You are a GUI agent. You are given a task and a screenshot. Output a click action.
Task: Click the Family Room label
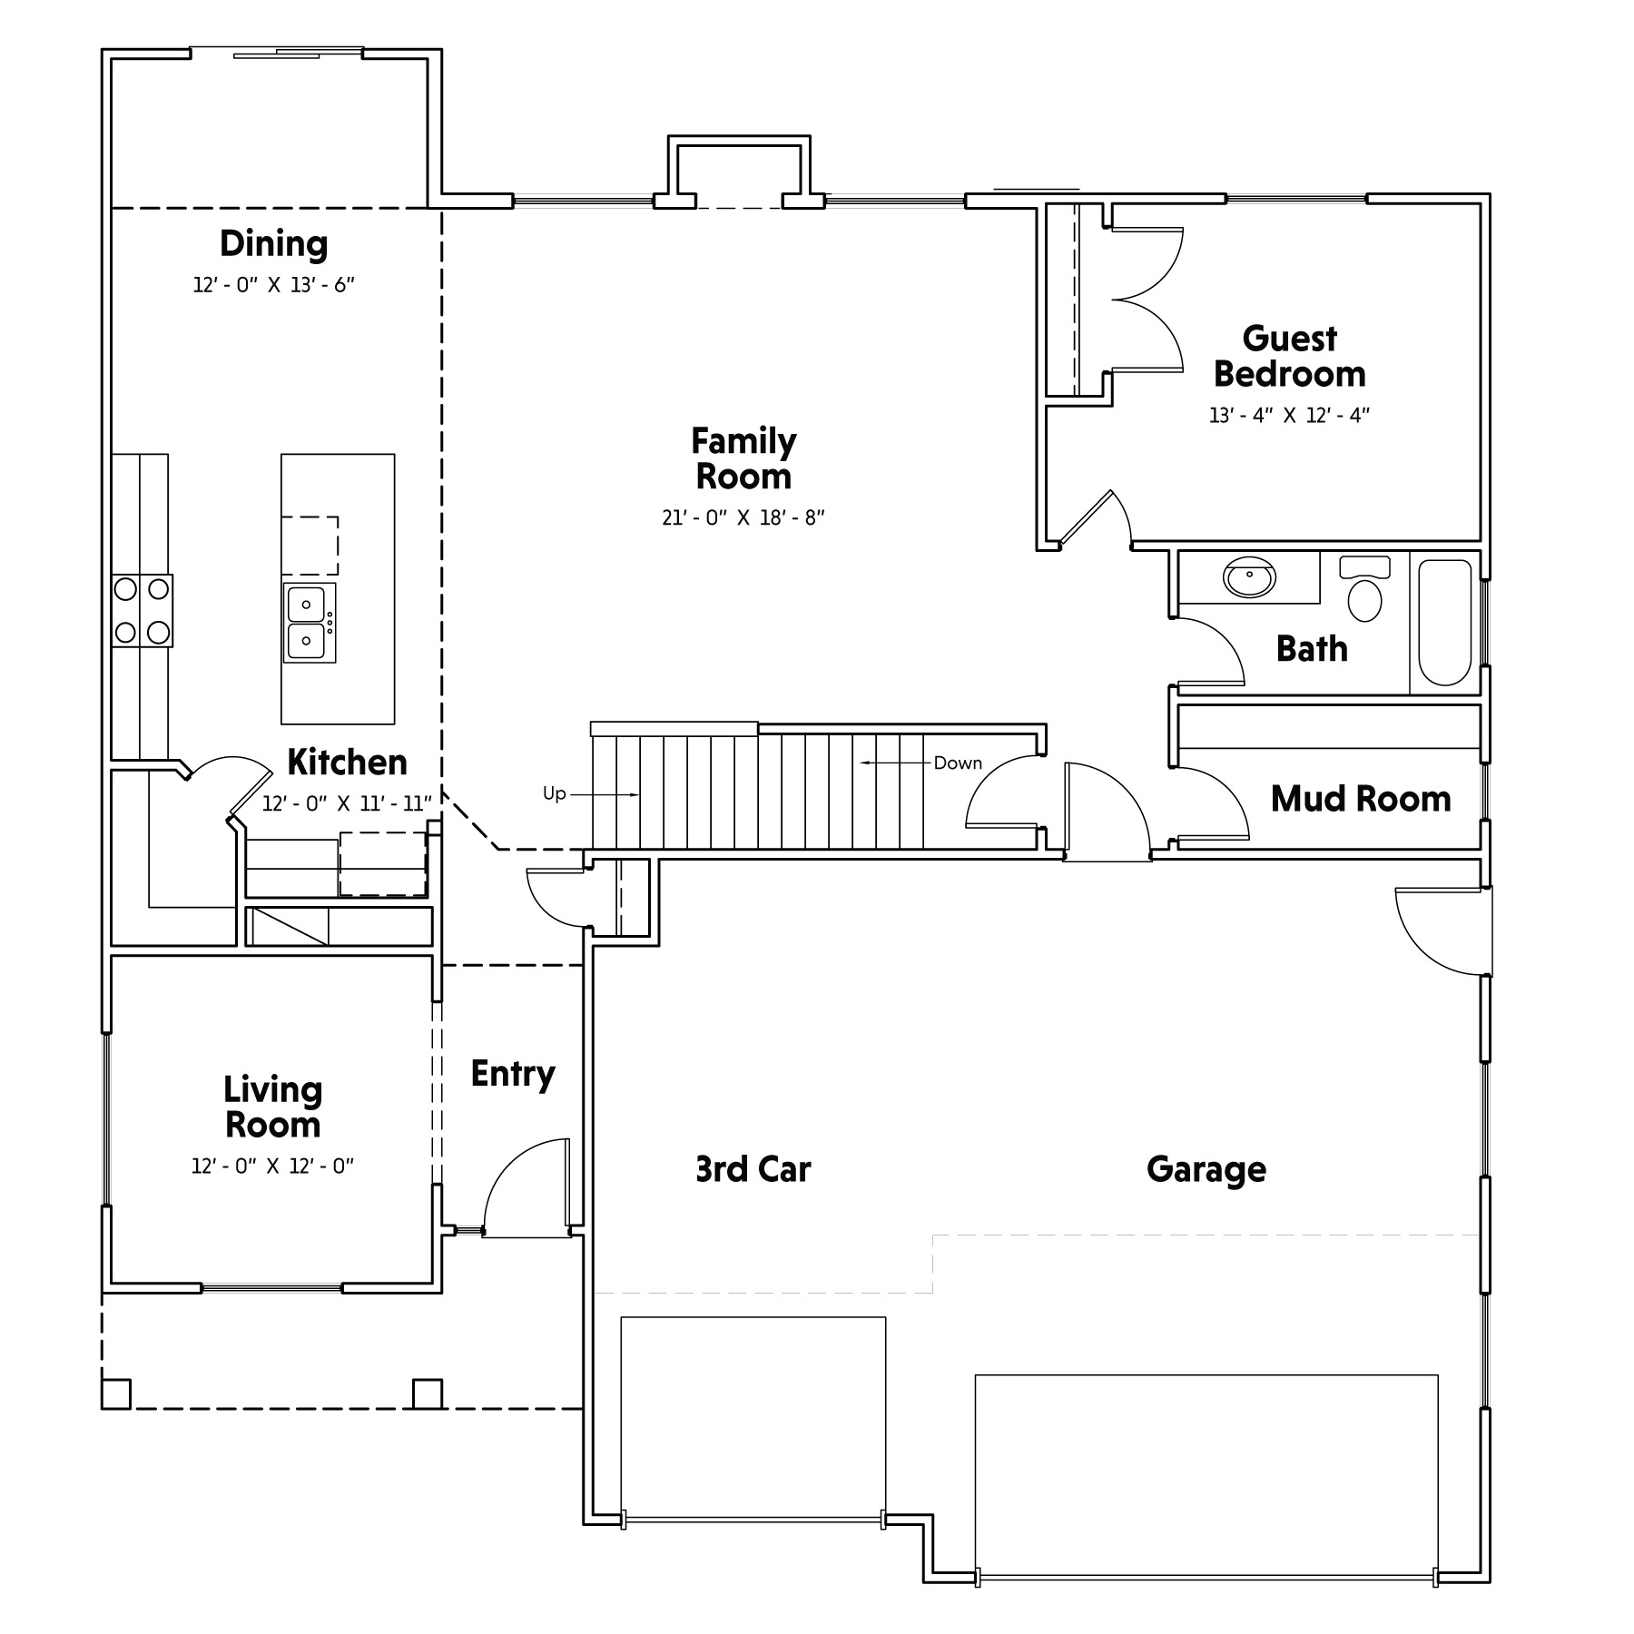[x=743, y=458]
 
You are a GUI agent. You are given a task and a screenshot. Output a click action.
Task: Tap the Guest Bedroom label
[x=1289, y=356]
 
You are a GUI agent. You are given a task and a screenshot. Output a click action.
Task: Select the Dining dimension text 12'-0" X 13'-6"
[x=273, y=285]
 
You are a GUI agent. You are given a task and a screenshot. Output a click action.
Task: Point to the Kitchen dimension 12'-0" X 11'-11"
[x=347, y=803]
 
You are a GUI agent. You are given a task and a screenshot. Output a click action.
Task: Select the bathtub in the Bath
[x=1444, y=622]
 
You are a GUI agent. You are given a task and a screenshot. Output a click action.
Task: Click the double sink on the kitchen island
[x=310, y=623]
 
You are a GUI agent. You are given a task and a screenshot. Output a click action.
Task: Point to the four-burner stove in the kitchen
[x=143, y=610]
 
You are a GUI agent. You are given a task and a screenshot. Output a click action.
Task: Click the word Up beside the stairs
[x=555, y=793]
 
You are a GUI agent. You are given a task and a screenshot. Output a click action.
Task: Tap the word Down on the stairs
[x=958, y=763]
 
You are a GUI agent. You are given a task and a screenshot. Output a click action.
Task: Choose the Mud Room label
[x=1361, y=799]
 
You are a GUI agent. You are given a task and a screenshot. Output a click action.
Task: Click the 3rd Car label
[x=753, y=1169]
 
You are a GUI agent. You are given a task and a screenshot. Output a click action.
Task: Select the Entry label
[x=513, y=1075]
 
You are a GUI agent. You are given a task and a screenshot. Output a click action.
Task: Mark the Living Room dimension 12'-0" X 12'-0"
[x=272, y=1166]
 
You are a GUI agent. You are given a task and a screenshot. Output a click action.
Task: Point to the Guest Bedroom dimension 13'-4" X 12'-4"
[x=1289, y=416]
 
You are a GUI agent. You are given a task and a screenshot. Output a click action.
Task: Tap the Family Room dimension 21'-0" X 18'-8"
[x=743, y=518]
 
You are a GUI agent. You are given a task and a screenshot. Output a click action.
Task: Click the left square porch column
[x=116, y=1393]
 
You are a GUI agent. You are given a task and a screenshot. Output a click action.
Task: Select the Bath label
[x=1312, y=649]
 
